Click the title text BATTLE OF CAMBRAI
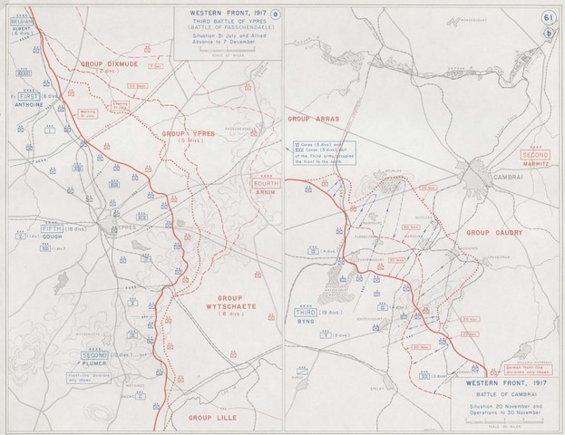[x=502, y=397]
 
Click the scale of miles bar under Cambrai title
[x=502, y=428]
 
